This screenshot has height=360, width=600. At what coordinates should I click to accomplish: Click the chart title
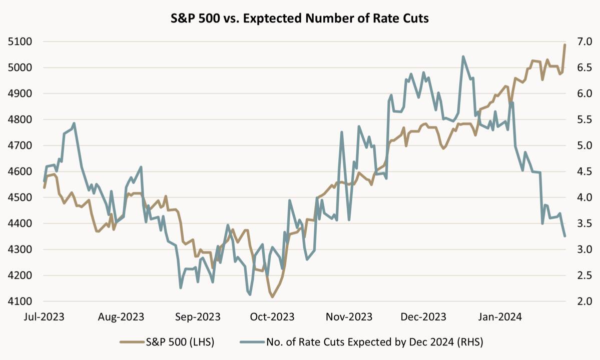300,19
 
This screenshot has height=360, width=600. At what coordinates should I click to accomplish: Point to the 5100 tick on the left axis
20,41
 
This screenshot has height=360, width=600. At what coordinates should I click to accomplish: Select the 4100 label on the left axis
20,301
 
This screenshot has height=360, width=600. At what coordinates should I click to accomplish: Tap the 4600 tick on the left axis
20,171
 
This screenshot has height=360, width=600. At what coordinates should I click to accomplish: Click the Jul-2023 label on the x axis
44,317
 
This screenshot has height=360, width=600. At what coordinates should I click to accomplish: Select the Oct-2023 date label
272,317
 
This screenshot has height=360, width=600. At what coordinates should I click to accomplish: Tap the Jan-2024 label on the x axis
499,317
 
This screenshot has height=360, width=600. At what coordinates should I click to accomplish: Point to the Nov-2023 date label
349,317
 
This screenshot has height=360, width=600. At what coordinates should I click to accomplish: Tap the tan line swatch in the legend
131,342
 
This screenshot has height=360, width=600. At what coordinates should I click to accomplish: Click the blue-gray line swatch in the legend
252,342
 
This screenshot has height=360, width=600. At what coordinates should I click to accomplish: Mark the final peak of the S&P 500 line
565,45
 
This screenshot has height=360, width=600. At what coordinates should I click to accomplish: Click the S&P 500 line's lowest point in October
272,297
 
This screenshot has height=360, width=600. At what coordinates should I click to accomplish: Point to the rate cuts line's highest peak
463,56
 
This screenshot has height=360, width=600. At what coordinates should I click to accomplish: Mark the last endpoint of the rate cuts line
565,236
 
